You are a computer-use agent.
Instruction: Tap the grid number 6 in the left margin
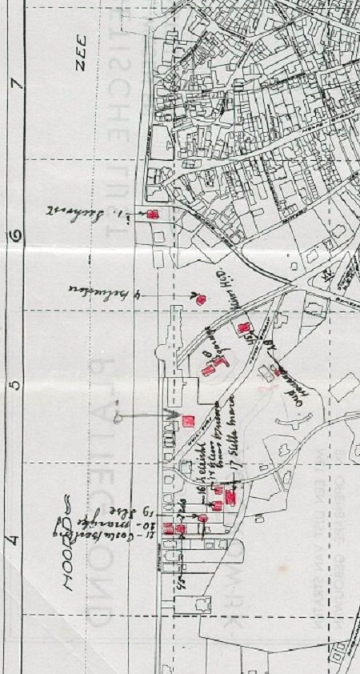click(x=15, y=236)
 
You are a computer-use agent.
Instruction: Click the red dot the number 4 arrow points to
click(x=201, y=299)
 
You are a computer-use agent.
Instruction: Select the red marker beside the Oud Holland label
click(x=277, y=372)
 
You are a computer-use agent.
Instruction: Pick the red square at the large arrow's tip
click(x=189, y=420)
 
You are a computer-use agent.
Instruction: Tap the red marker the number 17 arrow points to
click(x=230, y=499)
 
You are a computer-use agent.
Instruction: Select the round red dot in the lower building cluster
click(x=203, y=519)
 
